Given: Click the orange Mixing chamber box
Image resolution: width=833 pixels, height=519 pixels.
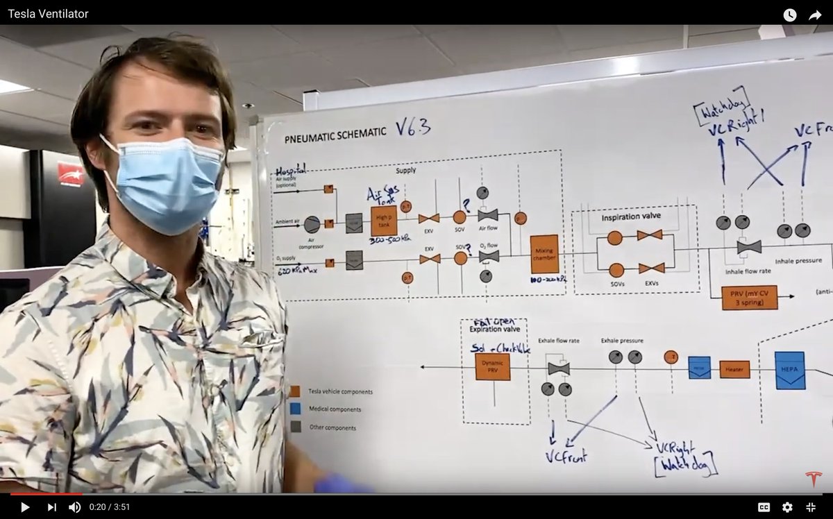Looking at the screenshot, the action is coord(544,254).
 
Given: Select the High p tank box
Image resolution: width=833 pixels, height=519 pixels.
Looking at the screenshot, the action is coord(384,221).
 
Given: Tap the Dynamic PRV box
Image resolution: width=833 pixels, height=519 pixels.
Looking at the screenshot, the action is coord(492,366).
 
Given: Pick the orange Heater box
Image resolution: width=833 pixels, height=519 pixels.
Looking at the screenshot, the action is coord(734,369).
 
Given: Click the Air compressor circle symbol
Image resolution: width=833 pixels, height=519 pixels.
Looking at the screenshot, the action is coord(312,224).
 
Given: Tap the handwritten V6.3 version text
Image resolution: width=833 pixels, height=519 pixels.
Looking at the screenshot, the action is coord(413,127).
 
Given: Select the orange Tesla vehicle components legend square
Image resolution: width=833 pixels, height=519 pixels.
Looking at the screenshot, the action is coord(296,391).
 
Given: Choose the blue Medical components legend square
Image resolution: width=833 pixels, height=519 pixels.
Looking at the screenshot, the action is coord(296,409).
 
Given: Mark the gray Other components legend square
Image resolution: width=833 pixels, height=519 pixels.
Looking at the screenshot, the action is coord(296,427).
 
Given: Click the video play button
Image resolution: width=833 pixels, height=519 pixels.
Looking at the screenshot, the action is coord(25,507).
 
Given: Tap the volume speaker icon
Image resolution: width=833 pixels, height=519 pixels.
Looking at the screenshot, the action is coord(74,507).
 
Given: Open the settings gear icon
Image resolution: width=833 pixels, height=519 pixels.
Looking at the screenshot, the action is coord(787,507).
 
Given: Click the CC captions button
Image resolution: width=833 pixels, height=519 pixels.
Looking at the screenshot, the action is coord(764,507).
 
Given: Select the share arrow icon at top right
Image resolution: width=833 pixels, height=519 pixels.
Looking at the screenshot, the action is coord(815,15).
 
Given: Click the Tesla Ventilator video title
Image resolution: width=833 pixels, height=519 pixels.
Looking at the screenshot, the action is coord(48,14).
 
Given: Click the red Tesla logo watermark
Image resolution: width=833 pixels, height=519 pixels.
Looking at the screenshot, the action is coord(814,479).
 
